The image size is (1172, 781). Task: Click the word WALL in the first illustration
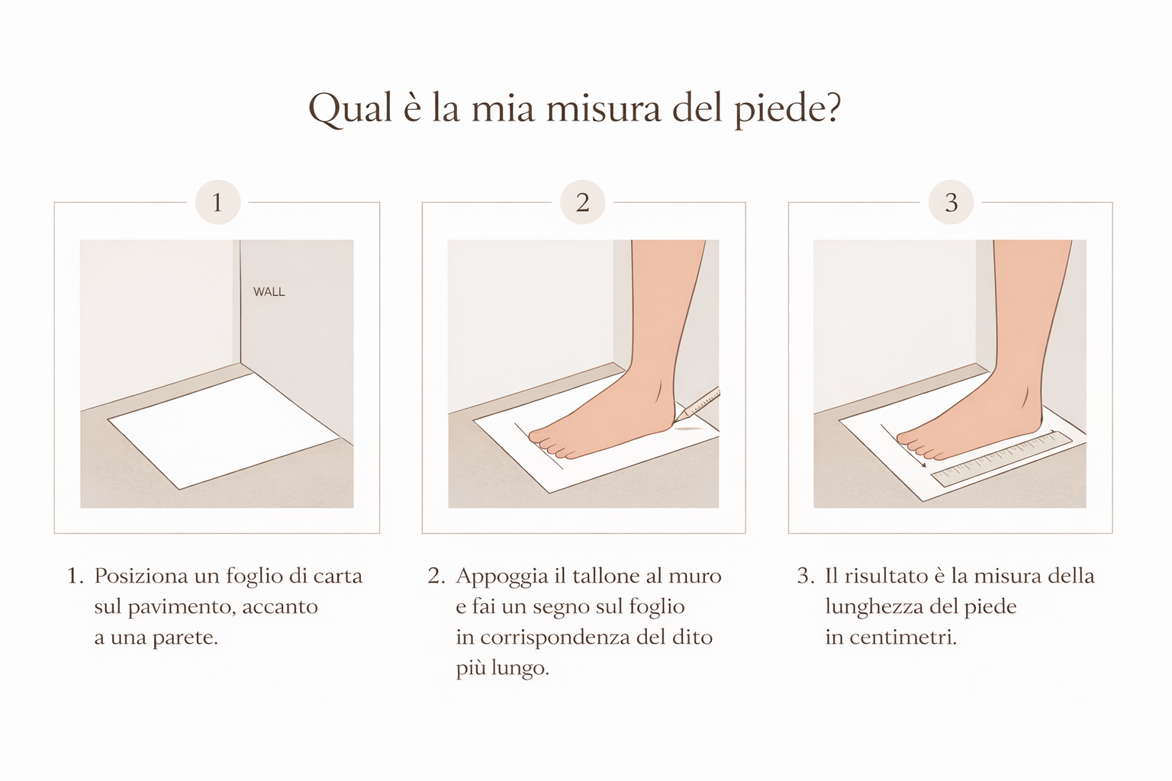pos(269,292)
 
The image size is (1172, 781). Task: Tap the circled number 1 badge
pos(217,202)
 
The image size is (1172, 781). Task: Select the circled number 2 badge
pos(582,202)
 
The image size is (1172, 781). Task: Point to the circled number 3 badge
pos(951,202)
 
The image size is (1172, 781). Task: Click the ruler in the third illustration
pos(1002,459)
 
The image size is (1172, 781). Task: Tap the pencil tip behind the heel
pos(677,419)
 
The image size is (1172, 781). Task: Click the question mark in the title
pos(831,108)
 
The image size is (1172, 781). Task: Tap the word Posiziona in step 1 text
pos(141,576)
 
